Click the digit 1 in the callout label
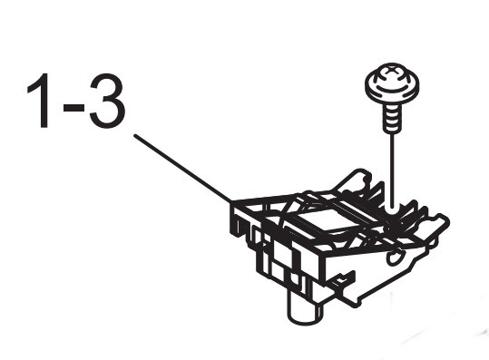click(41, 101)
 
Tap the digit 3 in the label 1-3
click(108, 101)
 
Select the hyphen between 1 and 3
click(73, 108)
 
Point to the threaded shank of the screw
click(392, 118)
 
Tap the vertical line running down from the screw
click(392, 170)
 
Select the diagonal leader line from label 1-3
click(182, 169)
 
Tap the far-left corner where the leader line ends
click(231, 202)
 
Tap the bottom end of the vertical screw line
click(392, 207)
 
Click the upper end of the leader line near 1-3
click(134, 135)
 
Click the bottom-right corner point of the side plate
click(355, 306)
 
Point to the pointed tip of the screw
click(392, 131)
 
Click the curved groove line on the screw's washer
click(392, 92)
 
